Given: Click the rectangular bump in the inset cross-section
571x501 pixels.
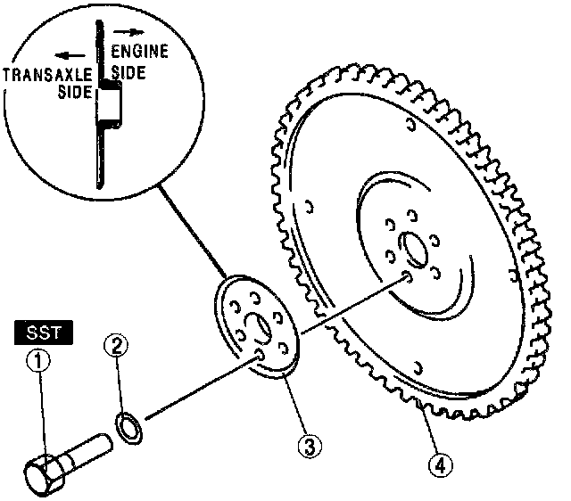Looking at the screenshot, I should tap(109, 106).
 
